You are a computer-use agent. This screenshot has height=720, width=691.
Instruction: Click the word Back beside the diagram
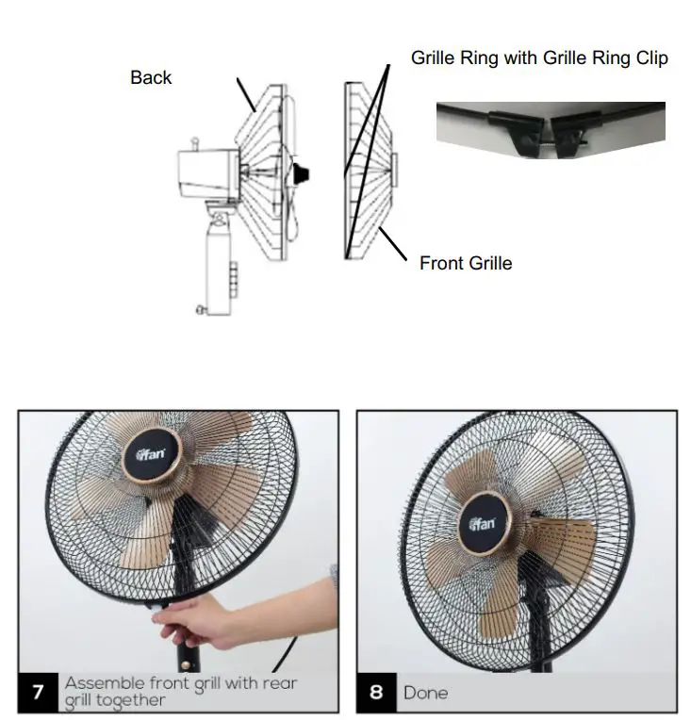pos(151,77)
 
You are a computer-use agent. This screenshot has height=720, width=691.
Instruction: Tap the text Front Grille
pos(466,263)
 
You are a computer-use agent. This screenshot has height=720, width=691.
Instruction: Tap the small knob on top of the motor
pos(196,143)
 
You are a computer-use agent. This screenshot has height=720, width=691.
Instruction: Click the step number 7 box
pos(38,693)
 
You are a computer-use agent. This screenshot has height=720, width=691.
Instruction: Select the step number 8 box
pos(376,693)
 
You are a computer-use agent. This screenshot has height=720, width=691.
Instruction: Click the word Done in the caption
pos(426,693)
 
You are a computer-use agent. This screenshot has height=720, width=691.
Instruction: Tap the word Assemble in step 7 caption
pos(104,682)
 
